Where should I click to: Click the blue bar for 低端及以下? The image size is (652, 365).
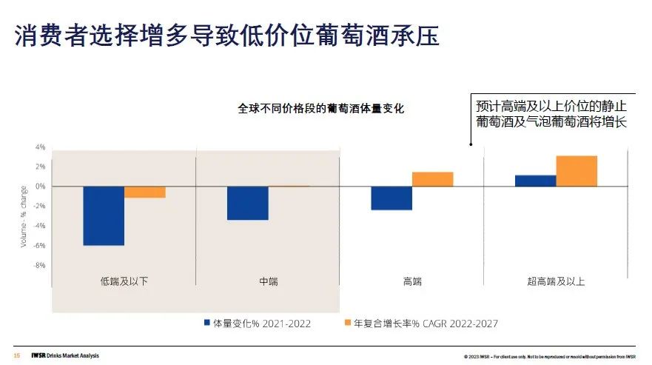coord(104,215)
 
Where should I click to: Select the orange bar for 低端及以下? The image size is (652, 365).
coord(145,192)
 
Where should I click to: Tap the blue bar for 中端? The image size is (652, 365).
coord(248,203)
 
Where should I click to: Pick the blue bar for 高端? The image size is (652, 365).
coord(391,198)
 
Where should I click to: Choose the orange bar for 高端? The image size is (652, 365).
coord(433,179)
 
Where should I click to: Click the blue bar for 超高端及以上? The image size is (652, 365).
coord(535,181)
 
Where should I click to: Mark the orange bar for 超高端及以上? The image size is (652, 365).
coord(577,171)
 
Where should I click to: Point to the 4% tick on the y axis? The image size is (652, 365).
coord(40,147)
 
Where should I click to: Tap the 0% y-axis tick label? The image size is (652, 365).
coord(40,186)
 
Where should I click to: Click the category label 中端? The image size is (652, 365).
coord(269,281)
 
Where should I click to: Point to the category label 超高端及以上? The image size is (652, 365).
coord(556,281)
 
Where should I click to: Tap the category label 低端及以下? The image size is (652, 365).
coord(124,281)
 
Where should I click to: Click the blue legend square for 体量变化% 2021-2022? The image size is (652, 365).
coord(208,323)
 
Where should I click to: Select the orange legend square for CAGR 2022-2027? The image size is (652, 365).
coord(349,323)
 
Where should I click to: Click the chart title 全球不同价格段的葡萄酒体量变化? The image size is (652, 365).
coord(321,108)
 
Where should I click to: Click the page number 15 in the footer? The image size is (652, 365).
coord(16,355)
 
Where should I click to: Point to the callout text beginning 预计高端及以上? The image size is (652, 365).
coord(551,113)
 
